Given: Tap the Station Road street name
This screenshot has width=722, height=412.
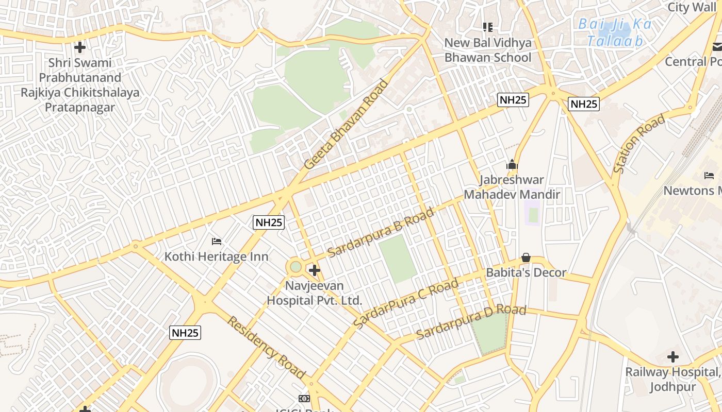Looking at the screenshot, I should (x=639, y=144).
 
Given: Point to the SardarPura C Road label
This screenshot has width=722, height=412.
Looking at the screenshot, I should (x=406, y=303).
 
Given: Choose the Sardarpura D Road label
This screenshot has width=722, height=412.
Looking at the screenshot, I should (x=471, y=322).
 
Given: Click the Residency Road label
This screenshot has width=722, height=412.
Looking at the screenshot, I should (x=266, y=348).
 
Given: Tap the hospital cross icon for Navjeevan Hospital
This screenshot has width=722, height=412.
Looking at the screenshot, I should (x=314, y=270).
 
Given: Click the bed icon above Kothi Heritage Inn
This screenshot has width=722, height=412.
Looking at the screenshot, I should (x=217, y=241).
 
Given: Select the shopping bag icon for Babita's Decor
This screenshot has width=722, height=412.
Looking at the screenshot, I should (x=526, y=257).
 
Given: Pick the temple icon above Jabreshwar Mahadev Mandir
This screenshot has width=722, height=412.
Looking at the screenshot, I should (x=512, y=165).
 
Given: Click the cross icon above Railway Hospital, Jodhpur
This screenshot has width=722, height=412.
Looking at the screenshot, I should (x=672, y=356).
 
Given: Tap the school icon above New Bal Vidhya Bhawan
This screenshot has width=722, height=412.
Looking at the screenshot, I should (x=487, y=27).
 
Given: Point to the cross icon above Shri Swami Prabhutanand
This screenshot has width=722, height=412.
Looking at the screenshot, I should (x=79, y=47).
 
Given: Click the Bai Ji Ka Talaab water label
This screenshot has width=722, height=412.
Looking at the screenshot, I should (x=615, y=32).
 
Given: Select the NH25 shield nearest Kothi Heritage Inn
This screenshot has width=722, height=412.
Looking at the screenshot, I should (x=269, y=222).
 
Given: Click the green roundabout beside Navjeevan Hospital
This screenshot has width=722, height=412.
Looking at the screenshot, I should (x=296, y=267).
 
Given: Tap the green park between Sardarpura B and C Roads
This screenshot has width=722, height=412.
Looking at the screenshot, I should (x=397, y=259).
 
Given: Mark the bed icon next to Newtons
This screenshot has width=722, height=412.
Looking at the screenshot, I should (x=709, y=176).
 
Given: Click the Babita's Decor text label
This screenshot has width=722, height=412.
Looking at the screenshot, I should (x=526, y=272).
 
